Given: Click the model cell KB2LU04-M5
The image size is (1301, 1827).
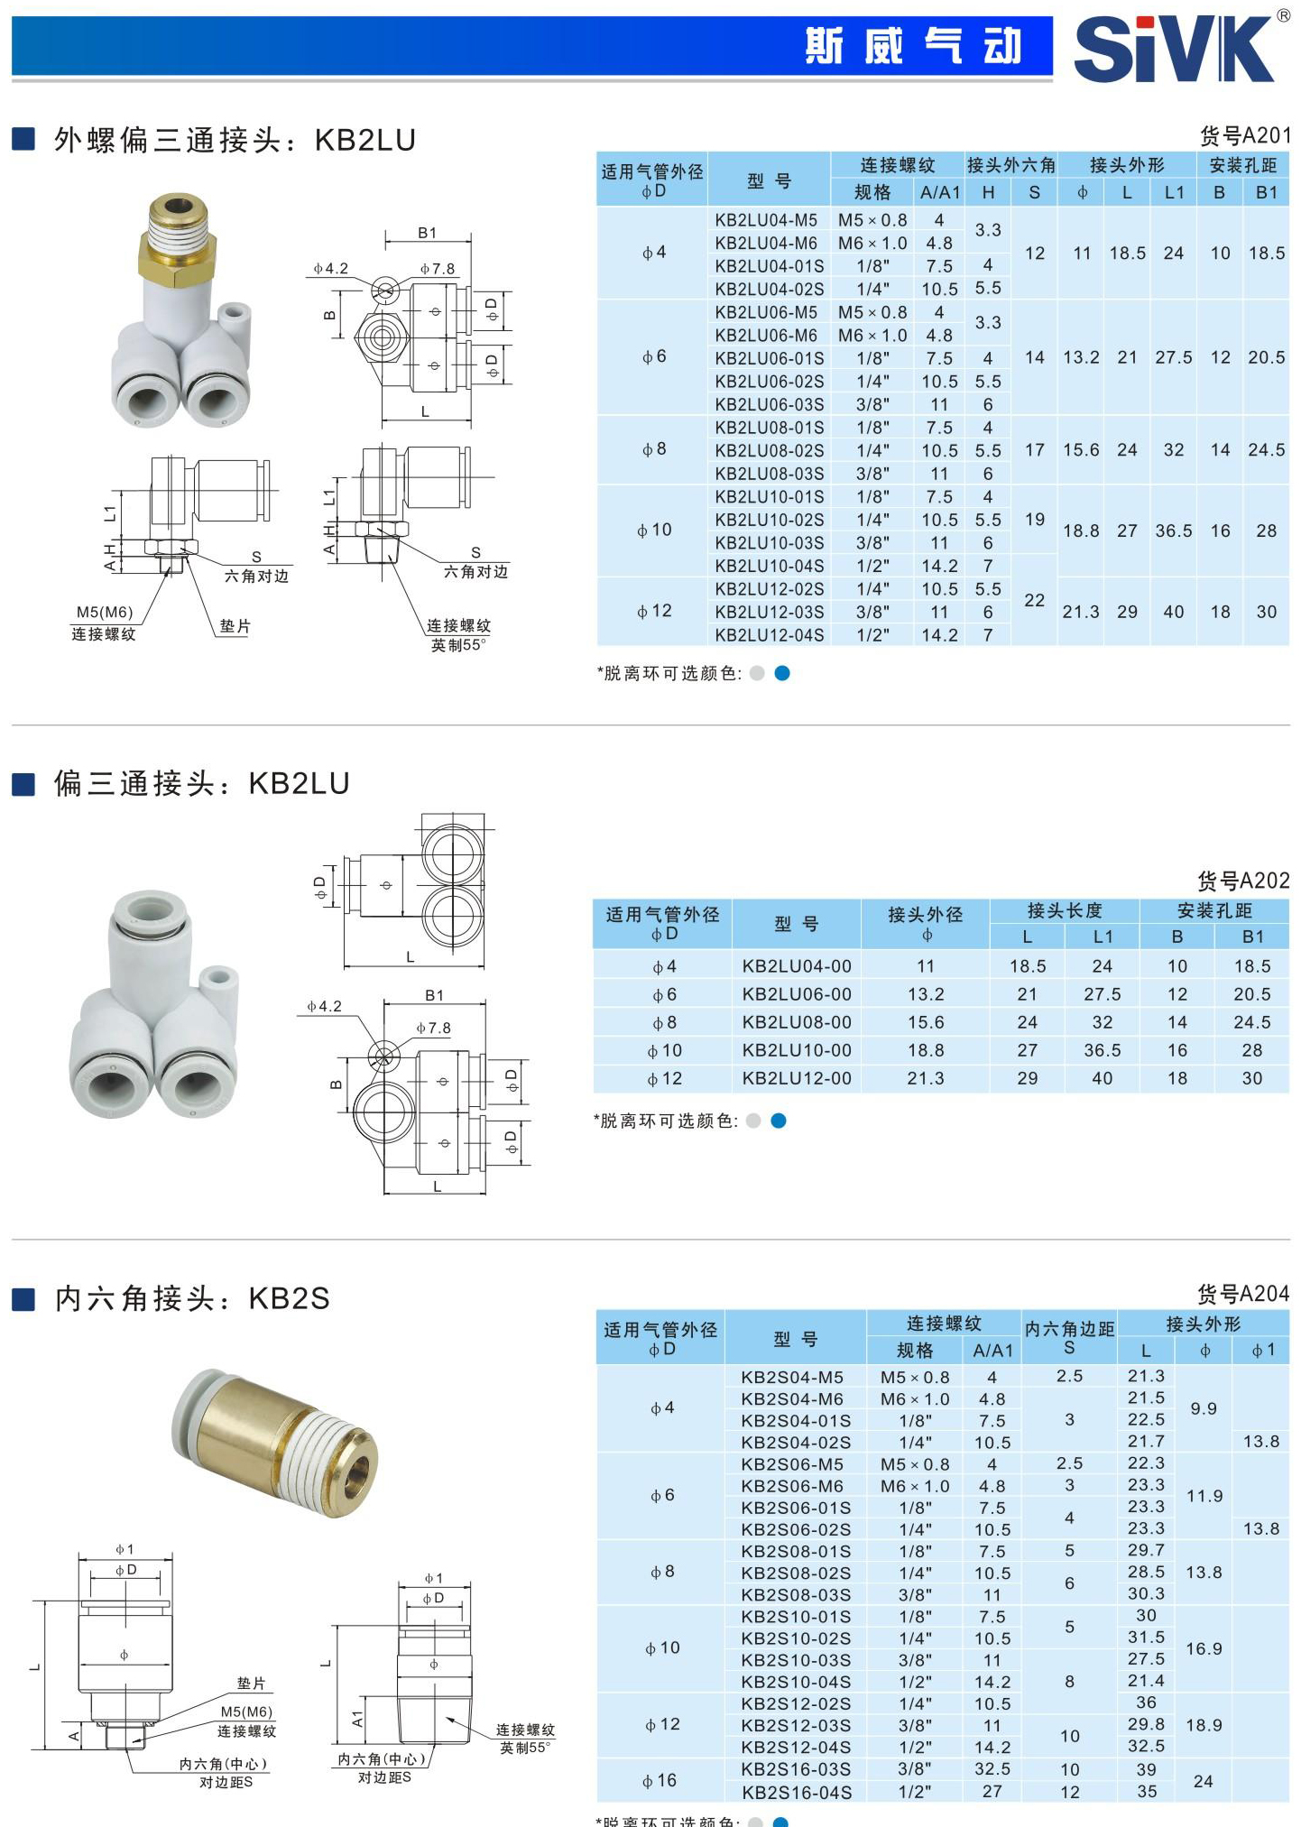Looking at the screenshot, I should [x=766, y=220].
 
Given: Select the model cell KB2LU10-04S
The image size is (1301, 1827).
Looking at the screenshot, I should [x=769, y=566].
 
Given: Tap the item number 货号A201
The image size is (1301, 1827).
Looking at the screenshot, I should [x=1244, y=136].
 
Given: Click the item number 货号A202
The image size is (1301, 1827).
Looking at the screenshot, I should [x=1242, y=881].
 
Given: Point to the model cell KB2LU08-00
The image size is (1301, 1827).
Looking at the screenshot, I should [x=796, y=1022].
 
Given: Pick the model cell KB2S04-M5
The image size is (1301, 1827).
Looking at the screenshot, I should [x=791, y=1377].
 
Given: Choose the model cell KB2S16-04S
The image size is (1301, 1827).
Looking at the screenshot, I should [x=796, y=1792].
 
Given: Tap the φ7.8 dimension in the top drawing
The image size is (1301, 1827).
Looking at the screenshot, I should [x=438, y=269].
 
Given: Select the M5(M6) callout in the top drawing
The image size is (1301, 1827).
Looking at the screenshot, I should [x=104, y=613].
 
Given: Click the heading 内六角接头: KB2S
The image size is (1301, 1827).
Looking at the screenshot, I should [x=192, y=1298].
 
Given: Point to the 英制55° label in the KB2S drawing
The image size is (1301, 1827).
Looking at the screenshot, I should [x=525, y=1748].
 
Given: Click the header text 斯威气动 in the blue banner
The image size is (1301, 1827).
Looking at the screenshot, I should [x=912, y=46].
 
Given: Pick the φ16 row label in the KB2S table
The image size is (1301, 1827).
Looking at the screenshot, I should [x=659, y=1780].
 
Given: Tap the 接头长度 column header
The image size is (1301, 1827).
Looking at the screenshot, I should [x=1064, y=910].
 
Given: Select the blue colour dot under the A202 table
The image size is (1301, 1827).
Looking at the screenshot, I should [x=780, y=1121].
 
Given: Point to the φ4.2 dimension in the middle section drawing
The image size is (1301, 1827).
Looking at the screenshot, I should [x=324, y=1006].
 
